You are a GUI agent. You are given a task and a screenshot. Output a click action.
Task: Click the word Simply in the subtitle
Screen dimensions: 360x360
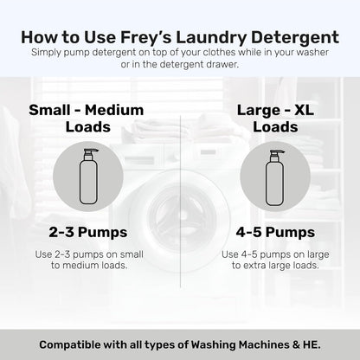click(48, 54)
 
